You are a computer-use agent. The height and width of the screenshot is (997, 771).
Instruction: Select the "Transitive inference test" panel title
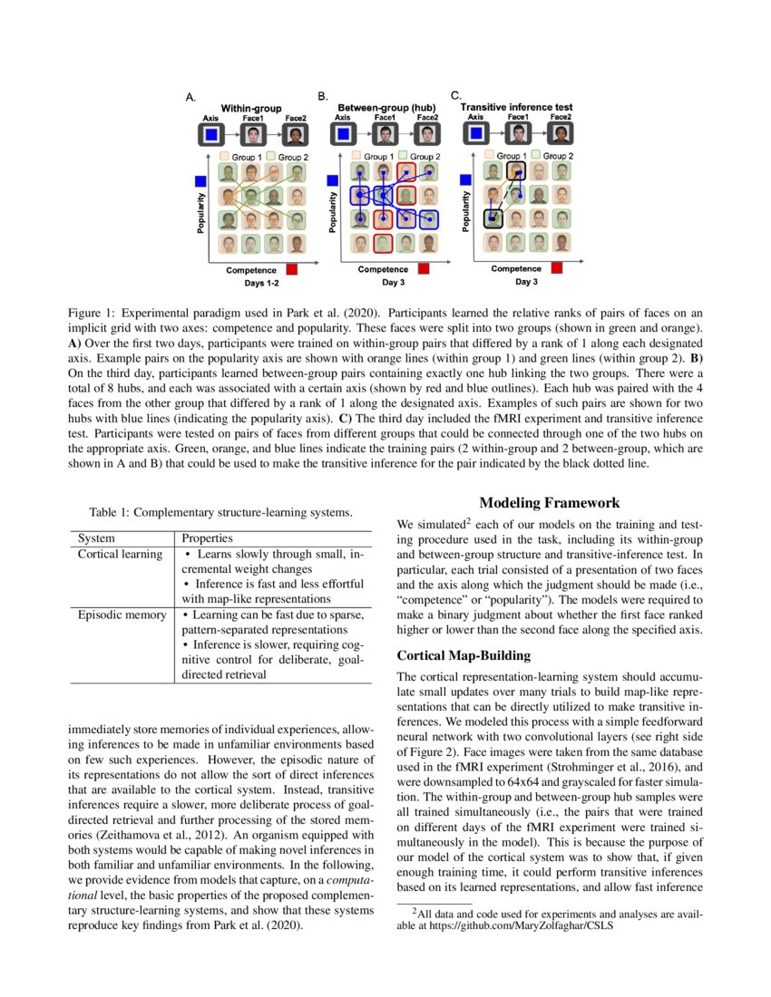tap(517, 107)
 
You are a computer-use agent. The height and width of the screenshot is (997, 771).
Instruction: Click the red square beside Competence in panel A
tap(293, 269)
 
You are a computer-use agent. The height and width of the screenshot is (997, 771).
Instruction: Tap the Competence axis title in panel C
tap(516, 268)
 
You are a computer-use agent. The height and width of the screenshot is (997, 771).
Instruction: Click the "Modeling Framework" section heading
tap(550, 503)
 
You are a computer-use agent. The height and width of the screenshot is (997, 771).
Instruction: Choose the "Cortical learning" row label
tap(120, 554)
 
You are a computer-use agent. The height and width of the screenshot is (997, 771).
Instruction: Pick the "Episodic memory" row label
tap(121, 615)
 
